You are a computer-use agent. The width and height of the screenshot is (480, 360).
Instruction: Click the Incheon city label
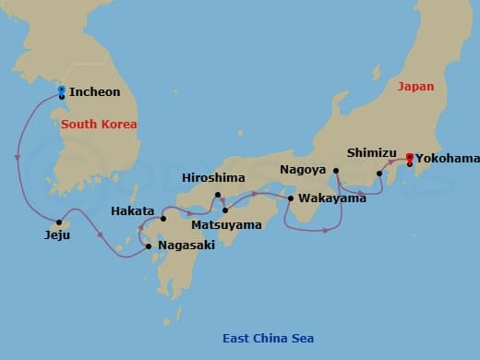click(x=94, y=93)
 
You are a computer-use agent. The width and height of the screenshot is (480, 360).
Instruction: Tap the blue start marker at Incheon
click(x=61, y=90)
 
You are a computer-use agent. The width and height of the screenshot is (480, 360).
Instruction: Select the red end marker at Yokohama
click(x=409, y=156)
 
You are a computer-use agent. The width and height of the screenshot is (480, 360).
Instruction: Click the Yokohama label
click(x=447, y=158)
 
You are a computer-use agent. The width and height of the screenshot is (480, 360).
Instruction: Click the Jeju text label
click(x=56, y=235)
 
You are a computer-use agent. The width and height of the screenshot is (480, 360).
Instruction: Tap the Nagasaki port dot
click(x=150, y=246)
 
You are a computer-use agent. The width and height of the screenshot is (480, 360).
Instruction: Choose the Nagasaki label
click(x=188, y=246)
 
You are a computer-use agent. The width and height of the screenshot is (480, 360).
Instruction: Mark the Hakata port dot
click(x=162, y=219)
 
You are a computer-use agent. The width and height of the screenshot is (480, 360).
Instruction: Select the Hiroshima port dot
click(x=218, y=195)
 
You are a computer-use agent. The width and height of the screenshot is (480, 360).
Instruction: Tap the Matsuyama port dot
click(x=225, y=210)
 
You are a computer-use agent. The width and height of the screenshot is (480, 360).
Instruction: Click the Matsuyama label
click(x=226, y=224)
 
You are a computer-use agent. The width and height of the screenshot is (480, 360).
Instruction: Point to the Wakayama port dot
click(x=291, y=198)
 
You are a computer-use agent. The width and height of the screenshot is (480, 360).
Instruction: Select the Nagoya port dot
click(x=336, y=171)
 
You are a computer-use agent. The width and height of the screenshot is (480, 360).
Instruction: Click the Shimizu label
click(x=371, y=152)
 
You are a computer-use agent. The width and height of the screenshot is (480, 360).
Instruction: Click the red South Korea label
click(x=99, y=124)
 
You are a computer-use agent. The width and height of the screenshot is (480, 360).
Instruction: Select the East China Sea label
click(x=268, y=338)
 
